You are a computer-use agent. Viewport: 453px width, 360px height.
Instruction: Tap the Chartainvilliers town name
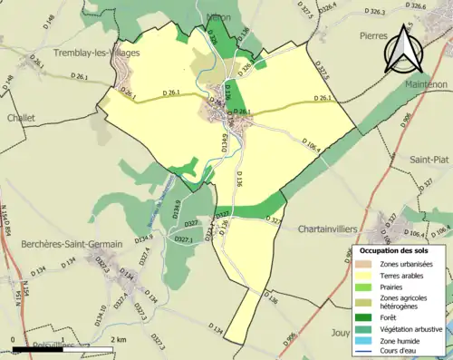(336, 229)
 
